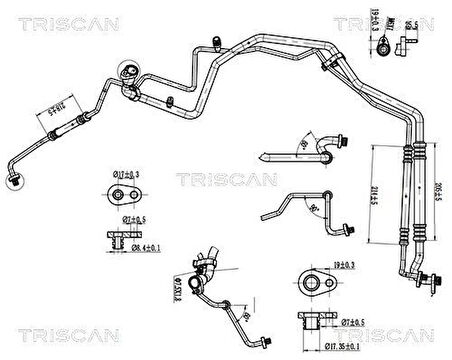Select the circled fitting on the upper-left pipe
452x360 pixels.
[x=127, y=74]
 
